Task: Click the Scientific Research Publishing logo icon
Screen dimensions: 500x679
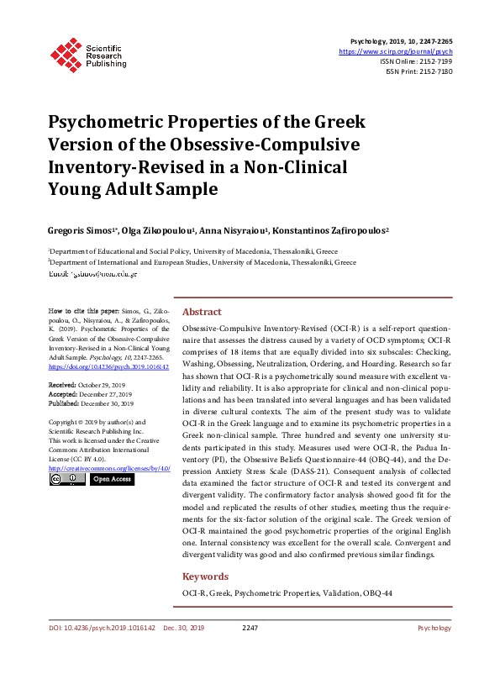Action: (64, 53)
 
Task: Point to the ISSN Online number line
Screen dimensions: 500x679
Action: (416, 61)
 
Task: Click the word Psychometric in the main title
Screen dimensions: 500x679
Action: (109, 122)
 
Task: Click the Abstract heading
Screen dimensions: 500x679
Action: (202, 311)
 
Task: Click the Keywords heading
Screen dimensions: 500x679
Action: (205, 576)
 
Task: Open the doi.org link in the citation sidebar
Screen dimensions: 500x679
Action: (108, 366)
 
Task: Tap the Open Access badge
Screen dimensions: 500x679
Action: (112, 479)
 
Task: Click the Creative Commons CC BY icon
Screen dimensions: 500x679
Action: (66, 479)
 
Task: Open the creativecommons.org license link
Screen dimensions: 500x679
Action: (110, 467)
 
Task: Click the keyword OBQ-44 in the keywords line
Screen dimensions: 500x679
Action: (376, 593)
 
